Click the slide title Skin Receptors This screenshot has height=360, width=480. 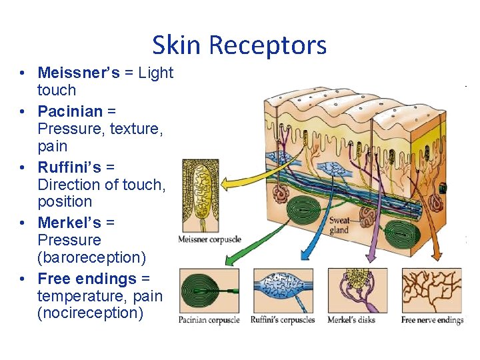coord(239,45)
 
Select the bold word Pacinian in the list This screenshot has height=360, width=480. coord(70,111)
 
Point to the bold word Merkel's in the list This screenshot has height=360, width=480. coord(69,222)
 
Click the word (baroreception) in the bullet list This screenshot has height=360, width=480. coord(92,257)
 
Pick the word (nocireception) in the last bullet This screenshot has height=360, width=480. coord(91,313)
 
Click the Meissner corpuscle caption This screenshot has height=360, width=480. coord(210,239)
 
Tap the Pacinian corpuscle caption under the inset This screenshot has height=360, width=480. coord(209,320)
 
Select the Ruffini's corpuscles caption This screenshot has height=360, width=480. coord(283,320)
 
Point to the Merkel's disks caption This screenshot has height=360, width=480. coord(351,320)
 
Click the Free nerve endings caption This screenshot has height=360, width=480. coord(432,320)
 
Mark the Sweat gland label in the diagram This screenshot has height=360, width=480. coord(339,225)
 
